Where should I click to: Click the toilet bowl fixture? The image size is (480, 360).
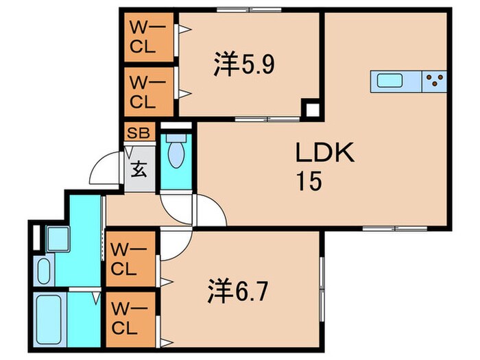coord(176,154)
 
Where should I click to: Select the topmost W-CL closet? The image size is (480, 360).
coord(148,38)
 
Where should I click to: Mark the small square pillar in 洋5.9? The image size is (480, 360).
coord(312,109)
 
